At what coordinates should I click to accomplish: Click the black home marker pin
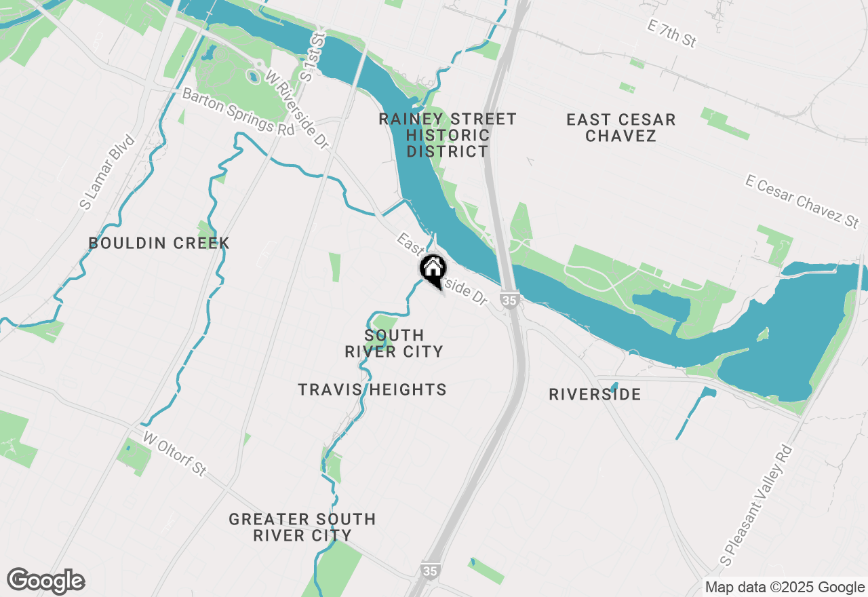coord(433,269)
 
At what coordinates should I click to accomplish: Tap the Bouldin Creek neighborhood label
coord(159,243)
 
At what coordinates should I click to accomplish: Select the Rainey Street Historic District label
coord(448,135)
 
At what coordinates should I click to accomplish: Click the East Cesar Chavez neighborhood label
coord(621,128)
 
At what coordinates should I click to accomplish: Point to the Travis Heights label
coord(372,389)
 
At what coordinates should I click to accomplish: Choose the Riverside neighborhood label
coord(595,394)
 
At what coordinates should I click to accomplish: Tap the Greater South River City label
coord(302,527)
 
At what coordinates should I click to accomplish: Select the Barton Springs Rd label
coord(239,112)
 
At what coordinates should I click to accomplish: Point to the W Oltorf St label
coord(174,455)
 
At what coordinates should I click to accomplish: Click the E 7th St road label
coord(671,33)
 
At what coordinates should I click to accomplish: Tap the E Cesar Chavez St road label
coord(802,201)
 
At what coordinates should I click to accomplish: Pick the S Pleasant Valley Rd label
coord(757,506)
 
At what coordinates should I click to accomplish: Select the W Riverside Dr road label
coord(297,109)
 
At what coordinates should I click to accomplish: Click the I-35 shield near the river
coord(509,298)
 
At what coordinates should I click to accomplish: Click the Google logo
coord(45,581)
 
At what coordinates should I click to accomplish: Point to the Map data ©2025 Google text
coord(784,588)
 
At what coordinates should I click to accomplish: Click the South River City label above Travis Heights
coord(394,343)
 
